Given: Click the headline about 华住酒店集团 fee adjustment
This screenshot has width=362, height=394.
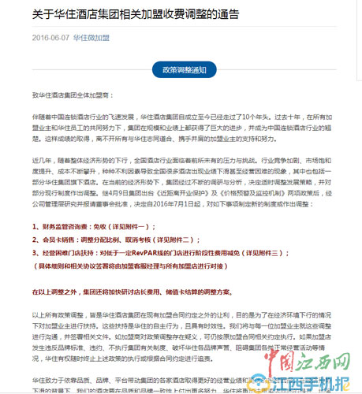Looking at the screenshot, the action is coord(125,15).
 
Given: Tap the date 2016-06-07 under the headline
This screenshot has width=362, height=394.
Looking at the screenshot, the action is coord(50,37).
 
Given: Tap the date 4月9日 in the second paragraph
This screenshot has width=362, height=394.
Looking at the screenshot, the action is coord(136,190).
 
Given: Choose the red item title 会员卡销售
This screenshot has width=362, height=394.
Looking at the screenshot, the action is coord(63,240).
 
